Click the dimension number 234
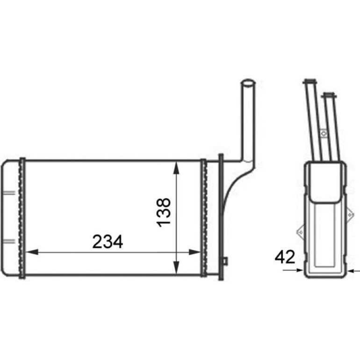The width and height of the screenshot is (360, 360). click(x=108, y=242)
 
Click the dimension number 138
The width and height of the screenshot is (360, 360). click(x=164, y=213)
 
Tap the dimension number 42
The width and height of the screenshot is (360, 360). click(x=285, y=257)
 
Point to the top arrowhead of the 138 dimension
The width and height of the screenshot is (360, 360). click(x=176, y=168)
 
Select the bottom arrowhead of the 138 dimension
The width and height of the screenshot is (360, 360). click(x=176, y=268)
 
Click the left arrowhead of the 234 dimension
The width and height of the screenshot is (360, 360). click(x=32, y=252)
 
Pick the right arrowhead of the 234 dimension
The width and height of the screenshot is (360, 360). click(x=194, y=252)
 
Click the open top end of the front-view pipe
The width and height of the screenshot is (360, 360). click(x=248, y=83)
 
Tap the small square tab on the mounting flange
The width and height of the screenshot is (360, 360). click(x=225, y=261)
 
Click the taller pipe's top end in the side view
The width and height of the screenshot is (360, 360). click(x=310, y=81)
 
